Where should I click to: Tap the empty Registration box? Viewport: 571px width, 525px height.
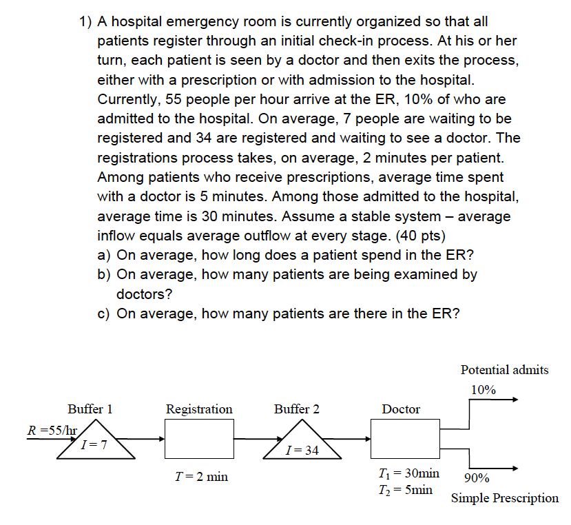(199, 439)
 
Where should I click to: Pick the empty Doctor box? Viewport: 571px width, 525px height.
(406, 439)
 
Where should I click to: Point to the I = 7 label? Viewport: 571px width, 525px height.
(93, 445)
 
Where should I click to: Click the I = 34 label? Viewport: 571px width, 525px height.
(302, 451)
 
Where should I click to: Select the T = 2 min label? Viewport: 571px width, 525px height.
(202, 476)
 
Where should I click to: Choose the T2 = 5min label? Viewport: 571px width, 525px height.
(406, 489)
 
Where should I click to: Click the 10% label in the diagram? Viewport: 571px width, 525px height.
(484, 389)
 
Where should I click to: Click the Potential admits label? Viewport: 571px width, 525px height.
(504, 370)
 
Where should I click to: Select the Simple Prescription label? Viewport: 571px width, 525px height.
(504, 498)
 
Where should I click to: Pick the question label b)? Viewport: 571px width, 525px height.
(105, 274)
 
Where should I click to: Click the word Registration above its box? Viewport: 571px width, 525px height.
(199, 409)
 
